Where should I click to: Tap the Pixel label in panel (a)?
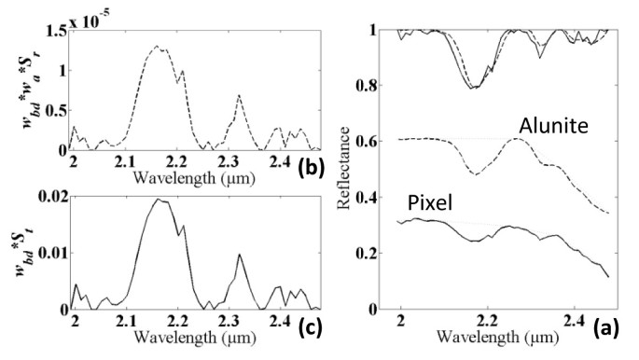(x=429, y=203)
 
